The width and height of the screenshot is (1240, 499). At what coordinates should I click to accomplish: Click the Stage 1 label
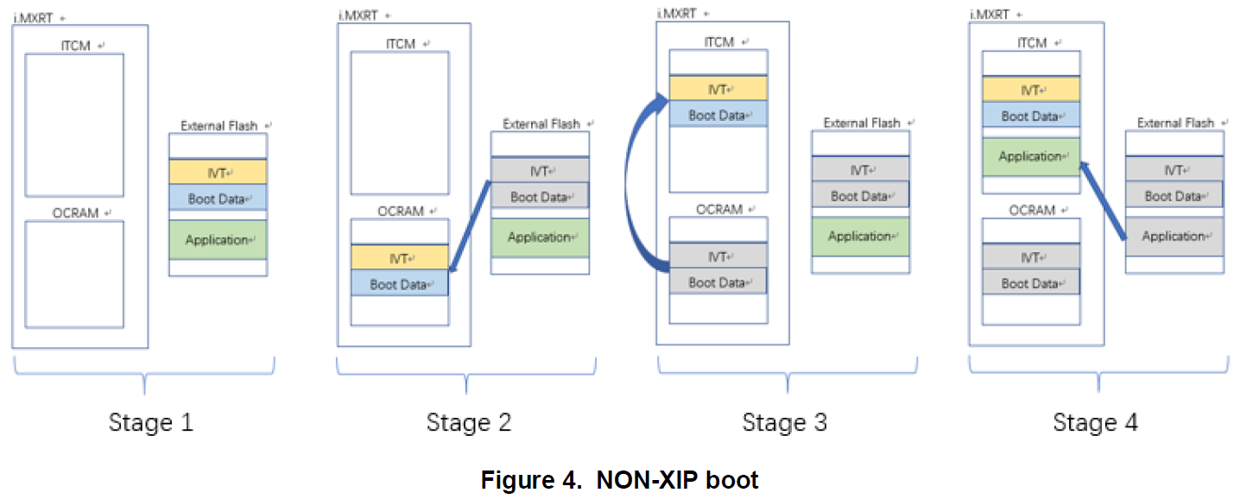151,423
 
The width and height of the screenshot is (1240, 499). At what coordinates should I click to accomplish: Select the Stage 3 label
784,423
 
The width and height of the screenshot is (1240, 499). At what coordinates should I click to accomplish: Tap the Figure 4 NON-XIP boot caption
619,480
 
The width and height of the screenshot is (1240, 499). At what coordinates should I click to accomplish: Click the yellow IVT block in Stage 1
218,172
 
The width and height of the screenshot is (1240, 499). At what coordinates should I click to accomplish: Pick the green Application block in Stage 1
218,239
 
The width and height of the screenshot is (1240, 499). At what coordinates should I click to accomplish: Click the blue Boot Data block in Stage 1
218,199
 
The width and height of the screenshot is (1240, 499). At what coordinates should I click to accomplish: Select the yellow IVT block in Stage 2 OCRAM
399,257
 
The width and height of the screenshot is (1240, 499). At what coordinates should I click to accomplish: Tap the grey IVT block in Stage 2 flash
540,171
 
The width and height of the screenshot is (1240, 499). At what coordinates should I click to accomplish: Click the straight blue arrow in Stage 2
470,228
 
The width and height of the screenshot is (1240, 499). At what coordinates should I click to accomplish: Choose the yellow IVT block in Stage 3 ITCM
718,88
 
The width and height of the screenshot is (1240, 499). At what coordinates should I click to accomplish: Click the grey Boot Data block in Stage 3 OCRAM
718,282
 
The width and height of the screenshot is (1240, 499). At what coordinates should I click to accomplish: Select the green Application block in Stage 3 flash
860,236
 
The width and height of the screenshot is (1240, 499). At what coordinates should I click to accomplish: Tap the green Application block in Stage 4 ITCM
1031,156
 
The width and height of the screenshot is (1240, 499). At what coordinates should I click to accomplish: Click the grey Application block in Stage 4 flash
1174,236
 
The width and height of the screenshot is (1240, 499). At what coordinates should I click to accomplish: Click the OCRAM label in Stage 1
75,212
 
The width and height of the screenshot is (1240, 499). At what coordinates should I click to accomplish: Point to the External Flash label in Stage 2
541,123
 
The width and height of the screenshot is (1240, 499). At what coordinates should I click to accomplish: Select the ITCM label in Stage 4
1032,42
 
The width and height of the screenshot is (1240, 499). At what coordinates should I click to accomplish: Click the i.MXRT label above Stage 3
676,14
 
